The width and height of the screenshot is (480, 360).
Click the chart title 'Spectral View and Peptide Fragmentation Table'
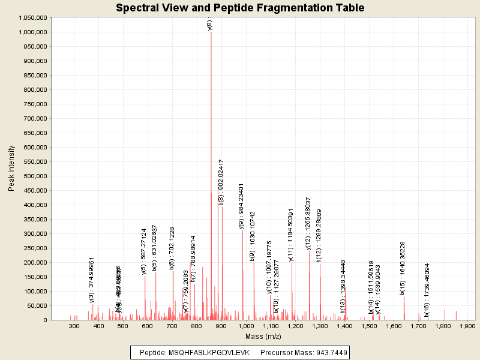[x=240, y=8]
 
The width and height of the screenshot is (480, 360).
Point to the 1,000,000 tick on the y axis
[x=32, y=32]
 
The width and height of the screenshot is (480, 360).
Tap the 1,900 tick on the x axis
[x=467, y=326]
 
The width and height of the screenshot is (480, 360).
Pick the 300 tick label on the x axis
[x=74, y=326]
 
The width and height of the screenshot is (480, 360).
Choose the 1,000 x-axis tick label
[x=246, y=326]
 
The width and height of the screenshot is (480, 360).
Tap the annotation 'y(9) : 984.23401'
[x=242, y=206]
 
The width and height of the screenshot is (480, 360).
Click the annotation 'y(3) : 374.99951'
[x=92, y=280]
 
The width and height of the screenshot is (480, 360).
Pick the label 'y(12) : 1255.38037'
[x=308, y=223]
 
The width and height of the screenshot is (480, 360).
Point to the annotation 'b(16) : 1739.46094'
[x=427, y=290]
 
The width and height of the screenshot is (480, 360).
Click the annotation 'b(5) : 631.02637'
[x=155, y=248]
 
